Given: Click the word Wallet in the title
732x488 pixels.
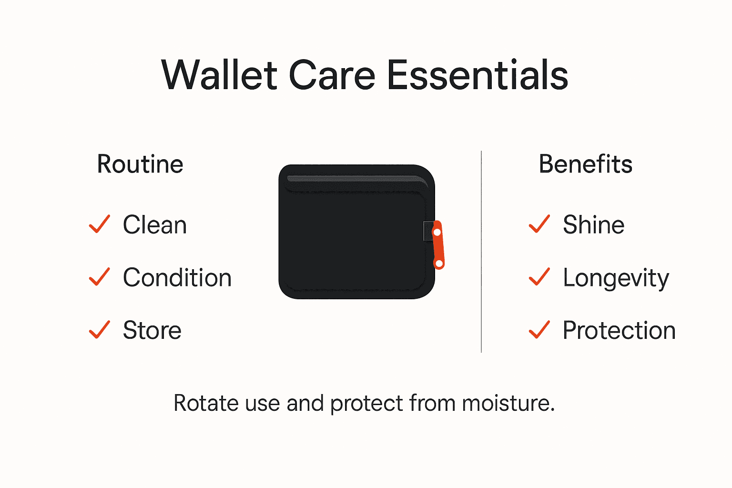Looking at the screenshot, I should pos(219,75).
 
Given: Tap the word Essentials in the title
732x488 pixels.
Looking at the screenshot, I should pos(477,75).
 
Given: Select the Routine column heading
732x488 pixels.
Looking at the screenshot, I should pos(140,164).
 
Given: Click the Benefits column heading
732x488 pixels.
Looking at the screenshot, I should pos(585,164).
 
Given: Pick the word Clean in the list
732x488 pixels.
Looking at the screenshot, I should pos(154,225).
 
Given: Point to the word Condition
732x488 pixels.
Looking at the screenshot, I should pos(177,278).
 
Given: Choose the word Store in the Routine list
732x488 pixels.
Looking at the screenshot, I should pos(152,330).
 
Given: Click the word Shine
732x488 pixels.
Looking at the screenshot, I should pos(593,225).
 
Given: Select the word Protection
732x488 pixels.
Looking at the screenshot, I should pos(619,330).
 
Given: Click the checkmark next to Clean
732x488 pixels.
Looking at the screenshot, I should pos(99,224).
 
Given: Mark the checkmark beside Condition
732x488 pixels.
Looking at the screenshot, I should pos(99,277).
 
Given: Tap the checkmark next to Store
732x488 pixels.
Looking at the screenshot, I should pos(99,329).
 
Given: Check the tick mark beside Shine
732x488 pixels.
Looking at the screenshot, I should pos(539,224).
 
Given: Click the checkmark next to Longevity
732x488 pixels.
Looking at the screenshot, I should pos(539,277).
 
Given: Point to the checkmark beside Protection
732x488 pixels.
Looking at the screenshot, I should pos(539,329).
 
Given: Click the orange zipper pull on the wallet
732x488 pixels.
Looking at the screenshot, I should pos(438,245).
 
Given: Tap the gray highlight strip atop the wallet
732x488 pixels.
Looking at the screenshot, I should pos(355,179).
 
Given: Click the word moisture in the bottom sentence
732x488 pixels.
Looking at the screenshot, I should pos(508,403).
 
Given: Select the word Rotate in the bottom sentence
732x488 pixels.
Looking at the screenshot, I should pos(206,403).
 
